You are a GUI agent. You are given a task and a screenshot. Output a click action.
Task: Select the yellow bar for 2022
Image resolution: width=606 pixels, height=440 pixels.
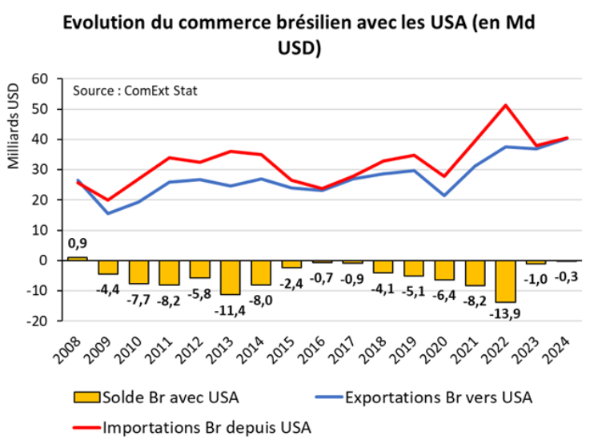505,281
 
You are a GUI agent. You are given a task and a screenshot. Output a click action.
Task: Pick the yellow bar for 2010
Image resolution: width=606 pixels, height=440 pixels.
139,272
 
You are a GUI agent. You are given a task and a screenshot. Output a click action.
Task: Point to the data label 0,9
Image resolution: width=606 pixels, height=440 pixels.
77,244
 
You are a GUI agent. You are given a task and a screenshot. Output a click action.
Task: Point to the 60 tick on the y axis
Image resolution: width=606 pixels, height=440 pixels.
40,79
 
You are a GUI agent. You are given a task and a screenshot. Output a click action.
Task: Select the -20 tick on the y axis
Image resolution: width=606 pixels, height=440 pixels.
37,321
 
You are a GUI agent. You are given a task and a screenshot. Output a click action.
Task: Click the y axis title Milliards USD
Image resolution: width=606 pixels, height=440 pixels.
14,128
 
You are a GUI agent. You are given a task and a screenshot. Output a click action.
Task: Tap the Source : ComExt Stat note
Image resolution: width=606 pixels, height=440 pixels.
134,91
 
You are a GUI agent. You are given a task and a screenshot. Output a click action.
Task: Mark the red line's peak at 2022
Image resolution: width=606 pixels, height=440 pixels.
506,105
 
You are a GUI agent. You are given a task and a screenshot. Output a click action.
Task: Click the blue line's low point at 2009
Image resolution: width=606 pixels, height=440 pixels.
108,213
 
